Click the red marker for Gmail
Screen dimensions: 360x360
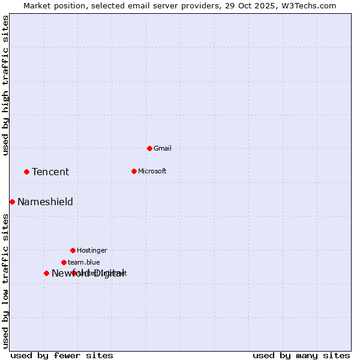149,148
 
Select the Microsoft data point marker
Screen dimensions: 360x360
134,171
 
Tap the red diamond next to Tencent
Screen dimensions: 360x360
26,172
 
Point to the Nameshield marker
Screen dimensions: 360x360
12,202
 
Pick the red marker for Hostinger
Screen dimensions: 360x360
73,250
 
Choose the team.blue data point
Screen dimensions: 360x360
64,262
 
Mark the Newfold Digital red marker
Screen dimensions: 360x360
46,273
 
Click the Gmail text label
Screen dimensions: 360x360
163,148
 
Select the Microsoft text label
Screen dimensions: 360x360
152,171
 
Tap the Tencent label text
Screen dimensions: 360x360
50,172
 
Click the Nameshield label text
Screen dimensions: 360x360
45,202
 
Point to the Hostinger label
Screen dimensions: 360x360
92,250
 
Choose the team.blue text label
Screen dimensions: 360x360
84,262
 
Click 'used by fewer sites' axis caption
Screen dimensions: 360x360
62,355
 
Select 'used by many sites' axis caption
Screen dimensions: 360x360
301,355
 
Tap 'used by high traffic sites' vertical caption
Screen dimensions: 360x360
5,85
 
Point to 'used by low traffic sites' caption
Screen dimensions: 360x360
5,280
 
